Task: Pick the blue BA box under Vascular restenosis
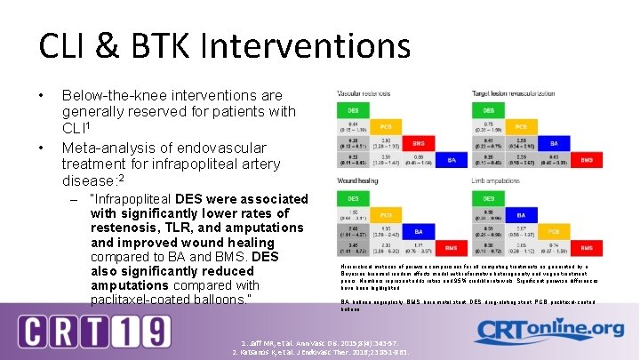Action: pyautogui.click(x=452, y=160)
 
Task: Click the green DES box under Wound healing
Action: pyautogui.click(x=353, y=198)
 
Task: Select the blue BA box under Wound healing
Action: pyautogui.click(x=418, y=231)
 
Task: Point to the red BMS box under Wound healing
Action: pyautogui.click(x=452, y=248)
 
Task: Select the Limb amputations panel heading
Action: pyautogui.click(x=496, y=182)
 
